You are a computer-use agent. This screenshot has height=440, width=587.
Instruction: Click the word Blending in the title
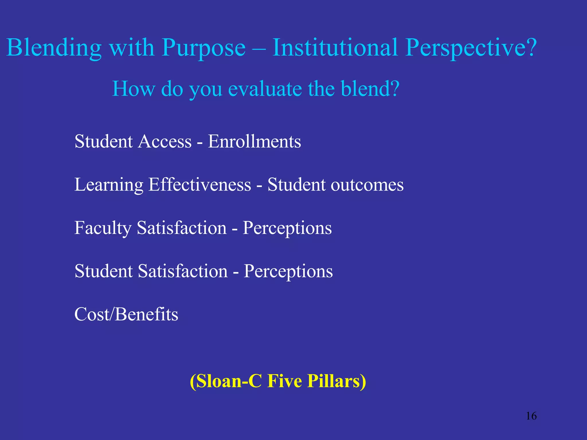click(x=54, y=48)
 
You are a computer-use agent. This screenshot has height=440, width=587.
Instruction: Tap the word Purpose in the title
click(x=204, y=48)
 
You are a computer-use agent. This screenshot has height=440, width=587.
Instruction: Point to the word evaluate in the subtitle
click(x=265, y=89)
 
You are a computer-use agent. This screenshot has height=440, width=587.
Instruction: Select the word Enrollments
click(x=254, y=142)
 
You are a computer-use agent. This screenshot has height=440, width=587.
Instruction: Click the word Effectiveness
click(x=200, y=185)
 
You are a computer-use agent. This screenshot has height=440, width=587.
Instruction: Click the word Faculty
click(x=103, y=228)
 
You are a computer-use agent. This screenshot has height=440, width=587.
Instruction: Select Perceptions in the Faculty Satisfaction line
click(x=287, y=228)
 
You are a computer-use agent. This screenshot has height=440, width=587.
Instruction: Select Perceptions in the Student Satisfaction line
click(x=288, y=272)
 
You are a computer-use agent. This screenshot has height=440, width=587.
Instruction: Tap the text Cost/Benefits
click(x=126, y=314)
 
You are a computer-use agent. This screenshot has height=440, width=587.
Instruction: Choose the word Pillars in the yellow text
click(x=336, y=381)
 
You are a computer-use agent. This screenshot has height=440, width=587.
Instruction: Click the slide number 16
click(x=531, y=416)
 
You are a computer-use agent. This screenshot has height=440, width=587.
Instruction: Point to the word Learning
click(x=109, y=185)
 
